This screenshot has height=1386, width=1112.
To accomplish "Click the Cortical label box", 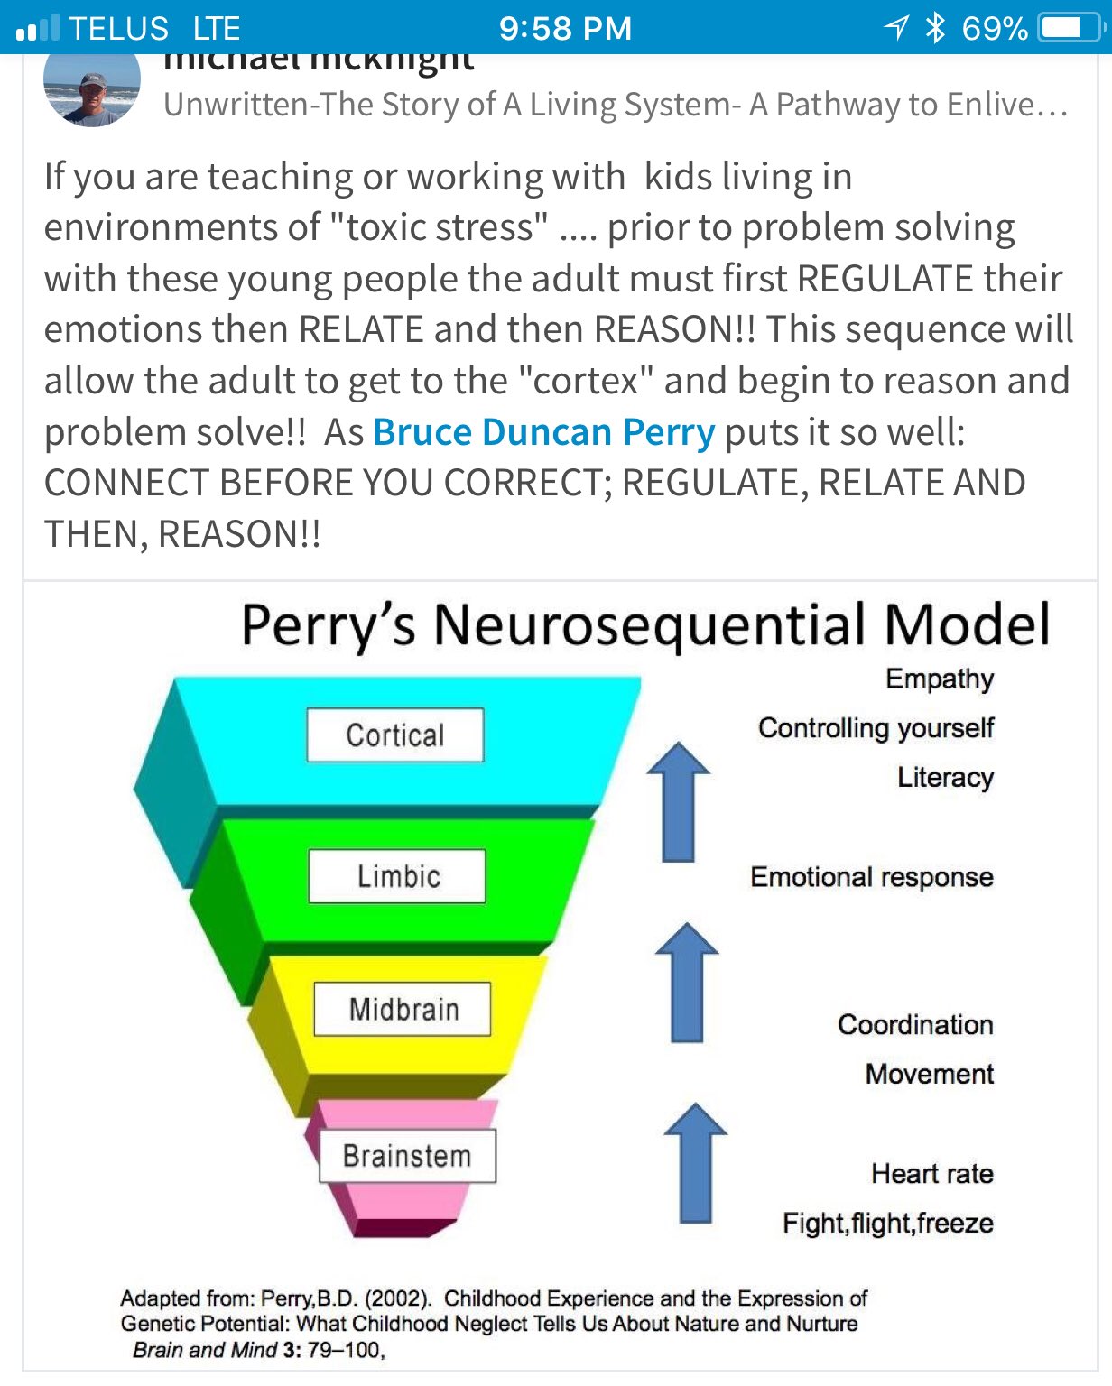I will click(x=395, y=735).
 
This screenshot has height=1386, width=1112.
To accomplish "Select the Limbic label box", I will click(x=397, y=876).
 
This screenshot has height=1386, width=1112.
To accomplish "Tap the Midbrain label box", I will click(x=403, y=1009).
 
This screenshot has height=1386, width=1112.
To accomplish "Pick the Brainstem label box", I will click(x=407, y=1156).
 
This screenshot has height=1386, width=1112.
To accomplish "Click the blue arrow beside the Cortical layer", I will click(x=679, y=802).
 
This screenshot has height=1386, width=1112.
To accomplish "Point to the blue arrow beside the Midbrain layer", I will click(x=687, y=983).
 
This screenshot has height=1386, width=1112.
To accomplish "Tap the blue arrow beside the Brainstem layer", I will click(x=695, y=1163).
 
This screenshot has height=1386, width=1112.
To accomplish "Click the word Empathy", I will click(x=939, y=679).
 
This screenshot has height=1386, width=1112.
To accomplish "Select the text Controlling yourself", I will click(x=876, y=728).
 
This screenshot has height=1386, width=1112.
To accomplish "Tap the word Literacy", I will click(x=945, y=777).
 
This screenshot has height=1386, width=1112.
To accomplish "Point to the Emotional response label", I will click(x=872, y=877).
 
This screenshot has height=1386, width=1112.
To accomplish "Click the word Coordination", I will click(x=915, y=1025).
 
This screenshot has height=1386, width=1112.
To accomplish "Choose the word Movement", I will click(x=929, y=1074).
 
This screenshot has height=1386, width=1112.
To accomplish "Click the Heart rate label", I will click(x=932, y=1173).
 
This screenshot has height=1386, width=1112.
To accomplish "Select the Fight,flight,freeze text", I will click(x=888, y=1224).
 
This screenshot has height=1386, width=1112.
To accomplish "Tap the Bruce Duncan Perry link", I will click(x=544, y=432).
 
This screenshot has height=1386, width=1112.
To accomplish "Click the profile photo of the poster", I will click(x=91, y=88).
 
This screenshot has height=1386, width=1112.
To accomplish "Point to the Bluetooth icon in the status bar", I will click(x=935, y=28).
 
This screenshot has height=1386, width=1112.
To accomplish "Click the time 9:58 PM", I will click(x=565, y=28).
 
